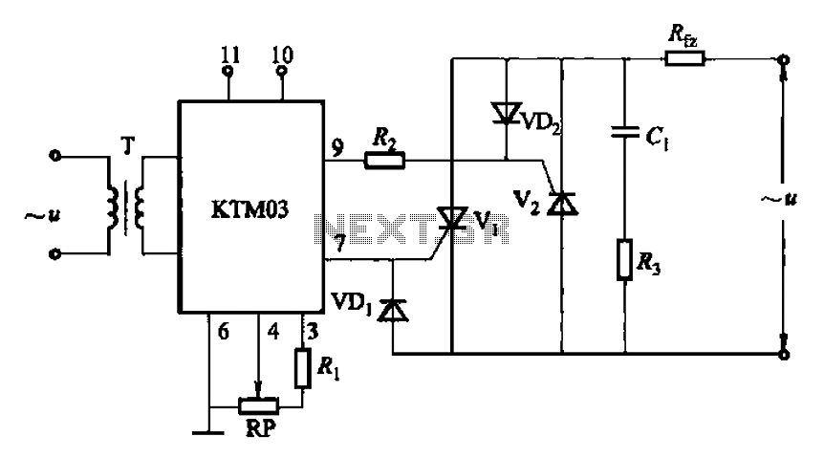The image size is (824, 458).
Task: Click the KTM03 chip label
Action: (249, 209)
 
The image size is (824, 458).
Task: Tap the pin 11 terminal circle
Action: (228, 71)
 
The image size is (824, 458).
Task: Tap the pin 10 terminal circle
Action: (282, 71)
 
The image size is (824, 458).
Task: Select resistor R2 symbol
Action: (384, 161)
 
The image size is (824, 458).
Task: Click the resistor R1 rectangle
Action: (302, 368)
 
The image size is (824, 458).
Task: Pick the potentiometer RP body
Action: (258, 406)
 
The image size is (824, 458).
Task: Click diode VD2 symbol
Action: (506, 113)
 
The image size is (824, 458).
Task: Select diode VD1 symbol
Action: (394, 310)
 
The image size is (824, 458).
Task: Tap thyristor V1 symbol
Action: (452, 219)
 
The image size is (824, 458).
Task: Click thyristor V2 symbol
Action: (562, 204)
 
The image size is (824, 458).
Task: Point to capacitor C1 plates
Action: (625, 131)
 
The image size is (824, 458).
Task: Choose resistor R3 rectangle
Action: (624, 259)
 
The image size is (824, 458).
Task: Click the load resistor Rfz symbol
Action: (684, 57)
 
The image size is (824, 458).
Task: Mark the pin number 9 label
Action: (337, 148)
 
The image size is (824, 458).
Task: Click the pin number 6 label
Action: (224, 331)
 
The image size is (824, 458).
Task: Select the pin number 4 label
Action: (273, 331)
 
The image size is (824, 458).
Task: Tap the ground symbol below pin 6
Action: (208, 433)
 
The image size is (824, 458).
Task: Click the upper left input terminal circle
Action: (54, 156)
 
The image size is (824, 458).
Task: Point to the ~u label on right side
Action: (779, 199)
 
